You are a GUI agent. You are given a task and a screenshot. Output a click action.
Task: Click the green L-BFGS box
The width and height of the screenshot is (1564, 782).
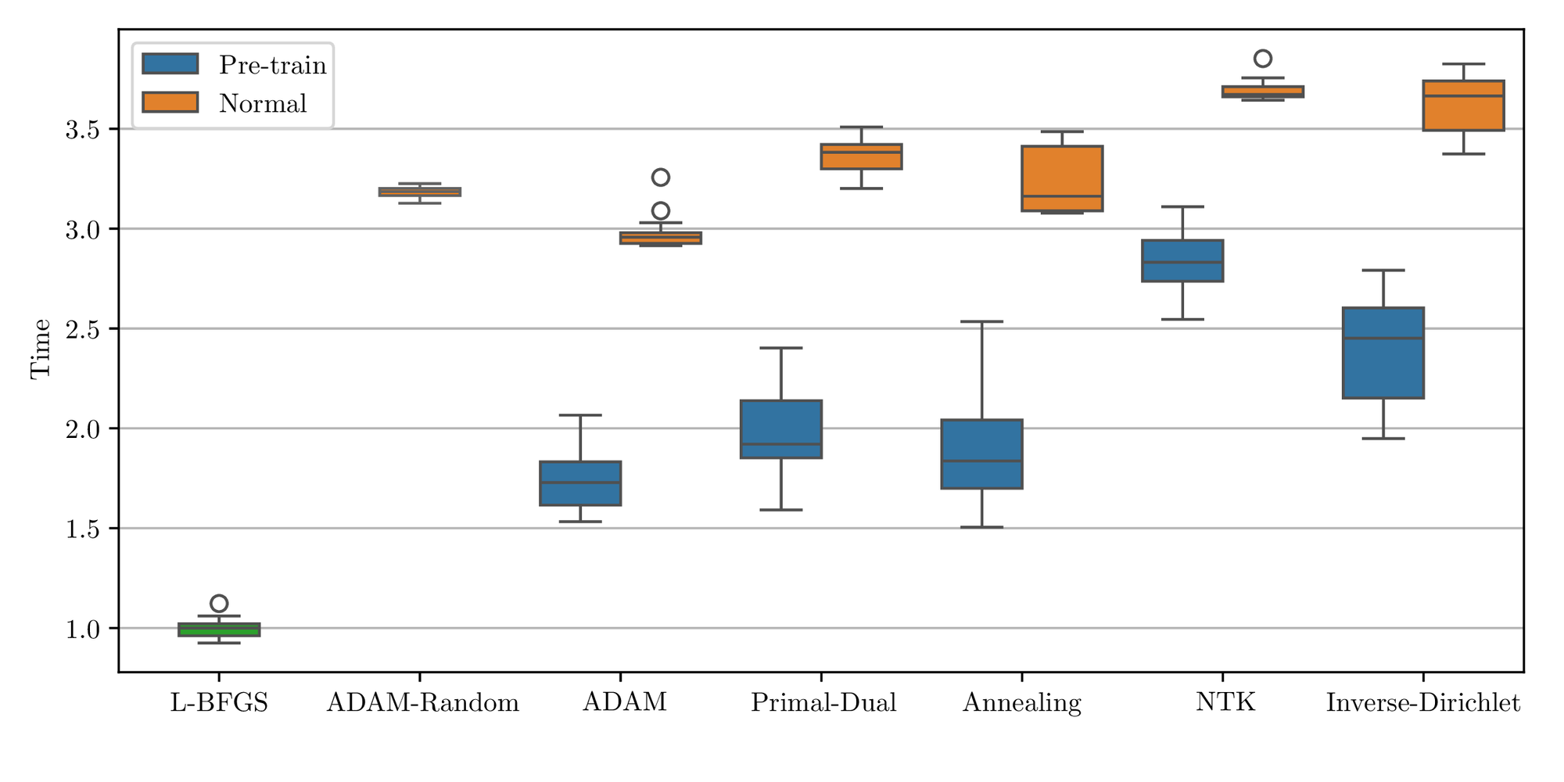[219, 630]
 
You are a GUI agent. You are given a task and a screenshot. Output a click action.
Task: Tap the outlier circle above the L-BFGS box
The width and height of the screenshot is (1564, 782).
[219, 603]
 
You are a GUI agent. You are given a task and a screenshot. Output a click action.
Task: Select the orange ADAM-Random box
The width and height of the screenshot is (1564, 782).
[420, 192]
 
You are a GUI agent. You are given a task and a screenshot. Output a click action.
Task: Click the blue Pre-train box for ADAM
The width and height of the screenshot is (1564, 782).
[580, 483]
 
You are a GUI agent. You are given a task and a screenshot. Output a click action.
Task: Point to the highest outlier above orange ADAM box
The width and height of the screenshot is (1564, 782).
[661, 178]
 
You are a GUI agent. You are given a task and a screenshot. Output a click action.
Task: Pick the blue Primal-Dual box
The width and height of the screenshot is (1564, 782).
[781, 429]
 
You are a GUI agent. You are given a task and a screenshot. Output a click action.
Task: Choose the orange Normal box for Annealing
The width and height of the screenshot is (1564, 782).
[1062, 178]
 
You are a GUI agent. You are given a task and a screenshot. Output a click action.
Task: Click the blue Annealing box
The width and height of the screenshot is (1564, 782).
[981, 454]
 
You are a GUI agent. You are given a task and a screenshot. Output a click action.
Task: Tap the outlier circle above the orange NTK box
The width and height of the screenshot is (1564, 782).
[1263, 59]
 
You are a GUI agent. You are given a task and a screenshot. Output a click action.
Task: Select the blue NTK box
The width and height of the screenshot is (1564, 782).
[1182, 260]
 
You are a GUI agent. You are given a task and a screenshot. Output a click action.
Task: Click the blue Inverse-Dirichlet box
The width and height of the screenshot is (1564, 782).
[1383, 353]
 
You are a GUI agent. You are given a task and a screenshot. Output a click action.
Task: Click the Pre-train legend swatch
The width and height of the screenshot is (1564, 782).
[170, 64]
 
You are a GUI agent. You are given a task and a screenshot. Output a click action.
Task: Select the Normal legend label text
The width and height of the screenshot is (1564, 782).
[263, 103]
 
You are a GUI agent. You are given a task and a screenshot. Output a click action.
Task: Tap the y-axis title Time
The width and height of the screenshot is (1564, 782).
[41, 349]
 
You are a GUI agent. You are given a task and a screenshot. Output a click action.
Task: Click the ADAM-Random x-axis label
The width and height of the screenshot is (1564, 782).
[422, 702]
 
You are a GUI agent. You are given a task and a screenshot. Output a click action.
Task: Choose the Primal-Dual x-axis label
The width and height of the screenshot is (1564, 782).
[823, 702]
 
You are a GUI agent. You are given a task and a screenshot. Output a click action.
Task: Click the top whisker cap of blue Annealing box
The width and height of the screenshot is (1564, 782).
[981, 321]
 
